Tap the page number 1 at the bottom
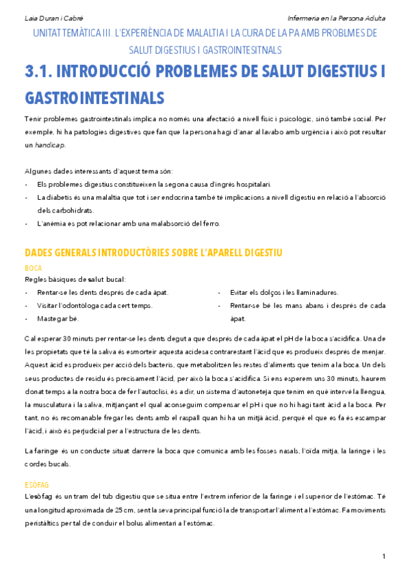click(384, 555)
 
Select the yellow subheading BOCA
click(33, 269)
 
